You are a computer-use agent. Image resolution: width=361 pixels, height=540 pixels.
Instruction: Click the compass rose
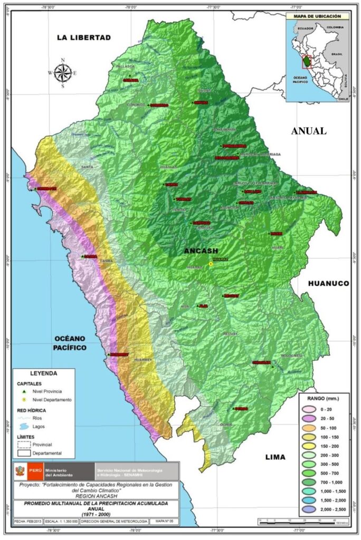click(x=63, y=73)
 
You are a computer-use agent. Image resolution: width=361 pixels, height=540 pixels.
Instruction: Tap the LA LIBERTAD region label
click(x=84, y=37)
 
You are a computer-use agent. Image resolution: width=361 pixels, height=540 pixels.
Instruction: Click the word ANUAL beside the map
click(x=308, y=131)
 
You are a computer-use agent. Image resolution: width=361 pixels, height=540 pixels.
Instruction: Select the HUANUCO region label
click(x=328, y=283)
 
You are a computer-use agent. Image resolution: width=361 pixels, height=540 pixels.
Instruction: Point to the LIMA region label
click(x=274, y=457)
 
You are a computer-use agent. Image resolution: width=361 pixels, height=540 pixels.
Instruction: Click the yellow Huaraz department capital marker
click(x=211, y=264)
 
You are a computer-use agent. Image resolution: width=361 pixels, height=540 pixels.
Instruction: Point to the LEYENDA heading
click(x=43, y=373)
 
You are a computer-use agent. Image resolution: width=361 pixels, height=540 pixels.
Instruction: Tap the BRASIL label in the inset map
click(x=337, y=54)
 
